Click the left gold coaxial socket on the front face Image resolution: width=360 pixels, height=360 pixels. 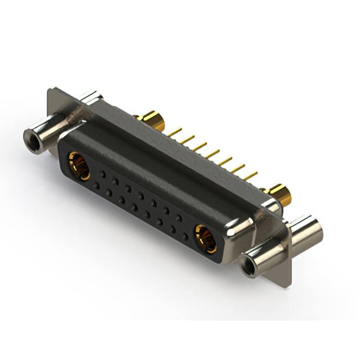[79, 166]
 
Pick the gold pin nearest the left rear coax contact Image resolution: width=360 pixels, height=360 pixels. [176, 132]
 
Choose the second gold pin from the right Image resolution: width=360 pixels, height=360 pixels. [239, 168]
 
